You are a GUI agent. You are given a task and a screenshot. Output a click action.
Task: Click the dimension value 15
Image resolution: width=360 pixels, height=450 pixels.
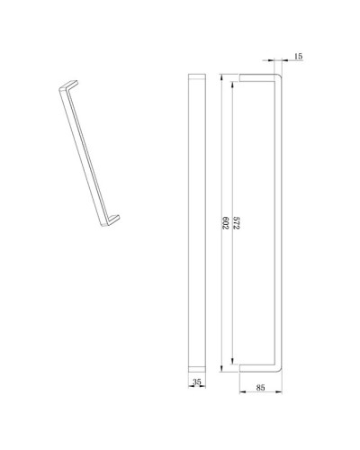(298, 57)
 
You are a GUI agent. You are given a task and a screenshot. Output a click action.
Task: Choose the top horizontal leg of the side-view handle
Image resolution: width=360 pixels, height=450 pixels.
(259, 75)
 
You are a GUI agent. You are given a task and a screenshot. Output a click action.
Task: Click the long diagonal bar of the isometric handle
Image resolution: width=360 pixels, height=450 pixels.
(87, 153)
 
